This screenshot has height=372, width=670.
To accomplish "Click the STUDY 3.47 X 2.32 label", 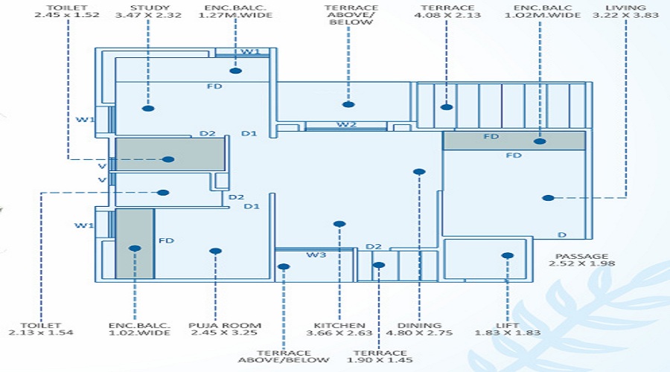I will pyautogui.click(x=150, y=12).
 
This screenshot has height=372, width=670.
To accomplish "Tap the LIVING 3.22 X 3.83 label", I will pyautogui.click(x=626, y=12).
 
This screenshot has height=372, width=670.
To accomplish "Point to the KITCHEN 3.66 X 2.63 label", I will pyautogui.click(x=339, y=330).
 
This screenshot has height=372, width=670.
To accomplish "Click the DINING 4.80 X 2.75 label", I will pyautogui.click(x=420, y=330).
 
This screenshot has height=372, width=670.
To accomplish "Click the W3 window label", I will pyautogui.click(x=316, y=255).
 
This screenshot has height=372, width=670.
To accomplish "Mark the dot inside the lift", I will pyautogui.click(x=508, y=255).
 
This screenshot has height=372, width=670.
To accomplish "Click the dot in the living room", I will pyautogui.click(x=548, y=198).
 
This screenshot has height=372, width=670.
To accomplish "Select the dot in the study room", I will pyautogui.click(x=148, y=109).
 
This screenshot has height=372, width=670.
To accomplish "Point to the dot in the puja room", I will pyautogui.click(x=215, y=251).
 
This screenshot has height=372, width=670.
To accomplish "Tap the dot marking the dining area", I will pyautogui.click(x=419, y=172).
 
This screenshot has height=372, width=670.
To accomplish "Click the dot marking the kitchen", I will pyautogui.click(x=339, y=223).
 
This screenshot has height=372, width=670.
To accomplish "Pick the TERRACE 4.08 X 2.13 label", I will pyautogui.click(x=447, y=12).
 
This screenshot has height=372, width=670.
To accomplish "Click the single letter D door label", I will pyautogui.click(x=562, y=235).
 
